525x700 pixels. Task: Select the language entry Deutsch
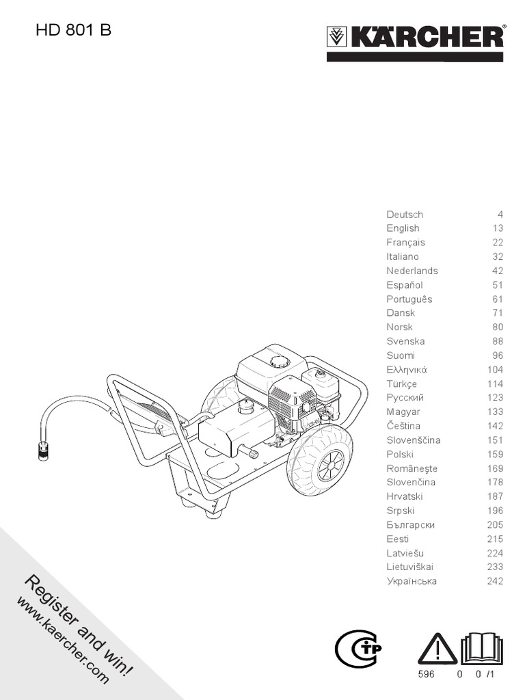tap(405, 215)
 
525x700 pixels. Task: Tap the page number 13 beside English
tap(497, 228)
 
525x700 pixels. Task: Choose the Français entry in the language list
tap(405, 243)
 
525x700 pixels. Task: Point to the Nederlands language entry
tap(412, 271)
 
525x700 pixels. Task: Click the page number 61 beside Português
tap(497, 299)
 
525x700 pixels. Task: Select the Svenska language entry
tap(405, 341)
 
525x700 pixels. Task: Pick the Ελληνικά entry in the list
tap(406, 370)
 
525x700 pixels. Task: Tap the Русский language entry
tap(405, 398)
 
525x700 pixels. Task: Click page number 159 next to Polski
tap(495, 454)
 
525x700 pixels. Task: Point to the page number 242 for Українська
tap(495, 581)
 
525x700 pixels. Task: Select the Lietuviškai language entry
tap(409, 567)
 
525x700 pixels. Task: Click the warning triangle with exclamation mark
tap(437, 649)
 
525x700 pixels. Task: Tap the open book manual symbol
tap(483, 649)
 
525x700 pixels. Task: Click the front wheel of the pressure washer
tap(319, 459)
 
